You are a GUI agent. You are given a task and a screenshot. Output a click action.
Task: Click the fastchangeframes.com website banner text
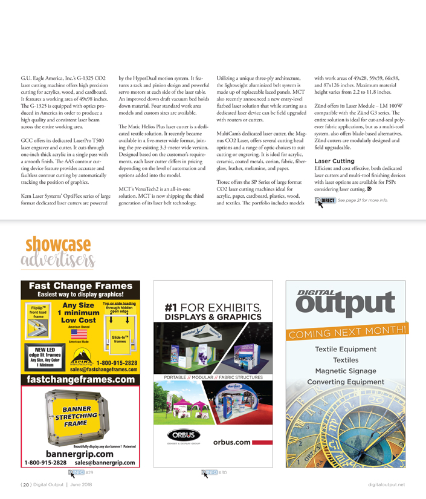(x=81, y=379)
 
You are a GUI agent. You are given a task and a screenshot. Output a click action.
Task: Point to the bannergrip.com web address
(x=80, y=453)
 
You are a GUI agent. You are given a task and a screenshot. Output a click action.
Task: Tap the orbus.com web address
(x=231, y=442)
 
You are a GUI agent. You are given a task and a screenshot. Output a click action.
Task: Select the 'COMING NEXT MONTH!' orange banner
(x=347, y=331)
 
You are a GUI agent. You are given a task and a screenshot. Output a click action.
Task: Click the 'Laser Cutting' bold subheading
(x=334, y=161)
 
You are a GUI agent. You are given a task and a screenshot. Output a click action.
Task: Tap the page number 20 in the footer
(x=27, y=484)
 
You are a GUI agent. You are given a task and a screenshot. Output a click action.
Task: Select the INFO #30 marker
(x=215, y=472)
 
